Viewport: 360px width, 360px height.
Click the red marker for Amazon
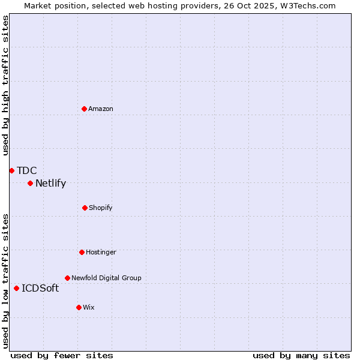point(84,109)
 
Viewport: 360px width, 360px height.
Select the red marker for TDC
point(11,170)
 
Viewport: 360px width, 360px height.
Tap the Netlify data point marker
point(30,183)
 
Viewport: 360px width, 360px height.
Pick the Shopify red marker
point(85,208)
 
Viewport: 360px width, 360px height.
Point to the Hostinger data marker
point(82,252)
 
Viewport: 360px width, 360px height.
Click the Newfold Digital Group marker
point(67,278)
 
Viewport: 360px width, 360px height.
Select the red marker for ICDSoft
point(16,288)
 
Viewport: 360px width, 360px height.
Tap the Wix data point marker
point(79,307)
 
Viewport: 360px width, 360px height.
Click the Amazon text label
point(101,109)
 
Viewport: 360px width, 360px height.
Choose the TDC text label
point(27,171)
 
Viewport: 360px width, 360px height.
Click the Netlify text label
point(50,184)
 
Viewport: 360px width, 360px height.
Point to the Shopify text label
point(101,208)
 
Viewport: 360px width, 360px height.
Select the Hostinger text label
point(101,252)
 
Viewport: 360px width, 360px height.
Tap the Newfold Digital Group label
point(106,278)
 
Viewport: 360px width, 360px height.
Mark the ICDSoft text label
point(40,289)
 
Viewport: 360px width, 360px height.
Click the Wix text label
point(89,307)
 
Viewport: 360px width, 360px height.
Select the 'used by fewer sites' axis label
point(62,355)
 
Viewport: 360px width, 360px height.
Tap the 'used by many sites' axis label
point(301,355)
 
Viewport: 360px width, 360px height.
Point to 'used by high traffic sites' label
point(5,85)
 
